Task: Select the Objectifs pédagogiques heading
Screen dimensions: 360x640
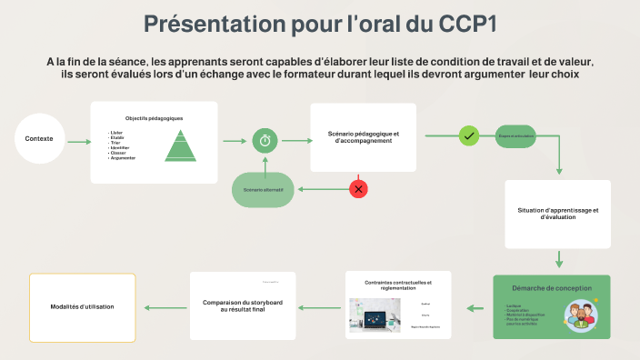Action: [x=154, y=118]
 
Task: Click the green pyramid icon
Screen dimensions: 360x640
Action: [x=180, y=145]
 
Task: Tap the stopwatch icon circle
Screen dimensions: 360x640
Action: [x=265, y=139]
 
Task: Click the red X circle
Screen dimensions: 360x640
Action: [x=359, y=189]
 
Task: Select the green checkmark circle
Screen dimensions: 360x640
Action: [x=469, y=136]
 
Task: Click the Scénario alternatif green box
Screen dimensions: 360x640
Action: [x=263, y=189]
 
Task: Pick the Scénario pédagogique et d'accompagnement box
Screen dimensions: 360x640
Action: [x=363, y=137]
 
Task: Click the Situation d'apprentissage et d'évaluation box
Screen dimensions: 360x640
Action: [x=557, y=214]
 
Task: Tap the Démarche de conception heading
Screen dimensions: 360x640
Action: [x=551, y=288]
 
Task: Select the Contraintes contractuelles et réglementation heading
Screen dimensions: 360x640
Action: [x=398, y=285]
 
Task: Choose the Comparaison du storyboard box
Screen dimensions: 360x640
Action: [x=243, y=305]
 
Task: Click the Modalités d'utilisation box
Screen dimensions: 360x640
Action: [x=82, y=306]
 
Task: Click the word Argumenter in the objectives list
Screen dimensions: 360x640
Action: [x=122, y=158]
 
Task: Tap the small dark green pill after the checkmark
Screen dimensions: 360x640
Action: [x=515, y=136]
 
